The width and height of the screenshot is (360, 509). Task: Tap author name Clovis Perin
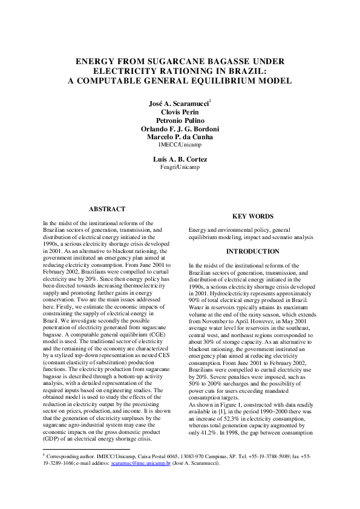pyautogui.click(x=180, y=112)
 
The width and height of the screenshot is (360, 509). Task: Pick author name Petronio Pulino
pyautogui.click(x=180, y=120)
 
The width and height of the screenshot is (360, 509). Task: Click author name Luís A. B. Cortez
pyautogui.click(x=180, y=159)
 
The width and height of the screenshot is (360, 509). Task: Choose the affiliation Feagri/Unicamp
pyautogui.click(x=180, y=167)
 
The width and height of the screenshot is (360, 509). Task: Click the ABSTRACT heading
pyautogui.click(x=107, y=209)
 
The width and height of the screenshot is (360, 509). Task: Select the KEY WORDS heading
pyautogui.click(x=252, y=216)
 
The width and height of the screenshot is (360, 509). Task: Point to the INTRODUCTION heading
pyautogui.click(x=252, y=251)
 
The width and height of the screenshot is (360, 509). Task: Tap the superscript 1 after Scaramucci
pyautogui.click(x=209, y=101)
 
